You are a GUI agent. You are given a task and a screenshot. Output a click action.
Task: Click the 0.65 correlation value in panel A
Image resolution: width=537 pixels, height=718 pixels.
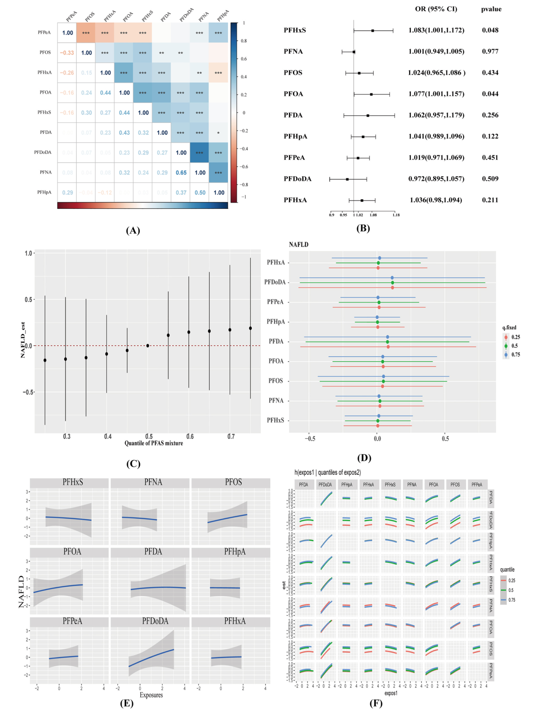pos(181,172)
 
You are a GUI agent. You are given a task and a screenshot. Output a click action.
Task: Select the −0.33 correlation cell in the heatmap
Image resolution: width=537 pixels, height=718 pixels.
pos(67,53)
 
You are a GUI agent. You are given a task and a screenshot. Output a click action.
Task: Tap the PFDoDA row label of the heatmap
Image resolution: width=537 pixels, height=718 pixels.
pos(43,152)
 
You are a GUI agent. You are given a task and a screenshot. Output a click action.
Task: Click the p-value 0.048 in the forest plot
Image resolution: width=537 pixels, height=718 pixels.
pos(490,30)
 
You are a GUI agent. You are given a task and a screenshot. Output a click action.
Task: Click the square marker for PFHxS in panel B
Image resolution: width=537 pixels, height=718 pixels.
pos(373,31)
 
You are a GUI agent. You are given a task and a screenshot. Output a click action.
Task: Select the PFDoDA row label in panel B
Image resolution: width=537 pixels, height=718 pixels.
pos(297,179)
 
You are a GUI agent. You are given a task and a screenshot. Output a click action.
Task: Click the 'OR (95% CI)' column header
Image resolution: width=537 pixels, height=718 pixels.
pos(436,9)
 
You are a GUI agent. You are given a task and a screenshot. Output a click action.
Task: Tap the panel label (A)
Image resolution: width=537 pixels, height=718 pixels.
pos(133,230)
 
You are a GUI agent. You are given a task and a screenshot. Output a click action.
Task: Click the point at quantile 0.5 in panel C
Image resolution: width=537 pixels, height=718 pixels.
pos(148,346)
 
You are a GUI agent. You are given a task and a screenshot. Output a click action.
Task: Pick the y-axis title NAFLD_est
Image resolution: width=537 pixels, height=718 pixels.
pos(23,340)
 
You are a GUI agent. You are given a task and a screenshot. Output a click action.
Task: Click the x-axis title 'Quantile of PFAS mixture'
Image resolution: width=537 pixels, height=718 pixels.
pos(154,443)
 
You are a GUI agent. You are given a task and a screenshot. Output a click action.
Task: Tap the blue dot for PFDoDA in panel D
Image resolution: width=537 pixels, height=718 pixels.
pos(392,278)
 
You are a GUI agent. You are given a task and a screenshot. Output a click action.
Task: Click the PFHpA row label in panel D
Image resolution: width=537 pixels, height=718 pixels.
pos(276,322)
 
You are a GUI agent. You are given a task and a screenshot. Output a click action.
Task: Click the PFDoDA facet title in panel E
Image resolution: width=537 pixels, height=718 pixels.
pos(155,621)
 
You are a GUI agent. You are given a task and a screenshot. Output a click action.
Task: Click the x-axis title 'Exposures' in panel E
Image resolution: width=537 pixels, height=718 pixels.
pos(151,695)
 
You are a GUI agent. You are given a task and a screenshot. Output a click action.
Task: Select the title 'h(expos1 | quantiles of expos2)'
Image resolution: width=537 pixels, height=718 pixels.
pos(327,472)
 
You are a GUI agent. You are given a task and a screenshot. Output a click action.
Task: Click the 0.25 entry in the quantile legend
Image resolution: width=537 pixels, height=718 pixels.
pos(512,580)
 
